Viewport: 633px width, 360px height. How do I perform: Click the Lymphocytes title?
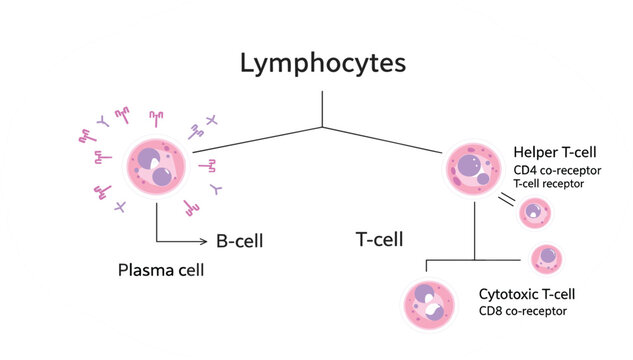pos(322,63)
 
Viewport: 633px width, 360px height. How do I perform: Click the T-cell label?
pos(379,239)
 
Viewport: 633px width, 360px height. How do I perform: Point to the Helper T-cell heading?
pos(554,152)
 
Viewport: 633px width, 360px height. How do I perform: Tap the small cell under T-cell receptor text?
pos(536,211)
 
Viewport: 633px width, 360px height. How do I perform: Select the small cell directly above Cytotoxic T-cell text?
pos(545,258)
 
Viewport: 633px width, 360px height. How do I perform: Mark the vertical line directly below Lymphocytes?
pos(322,109)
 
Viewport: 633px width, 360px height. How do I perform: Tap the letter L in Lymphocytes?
pos(247,63)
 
